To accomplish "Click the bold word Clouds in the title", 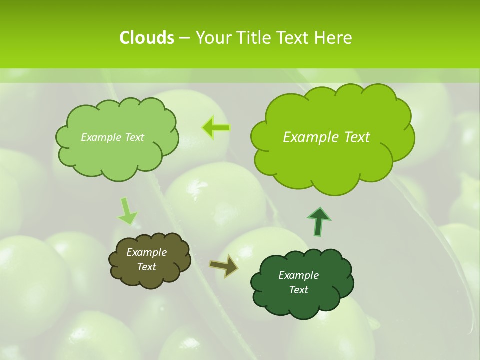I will click(147, 38).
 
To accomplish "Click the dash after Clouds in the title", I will click(184, 38).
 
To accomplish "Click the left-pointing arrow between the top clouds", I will click(216, 128).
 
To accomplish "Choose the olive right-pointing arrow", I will click(223, 266).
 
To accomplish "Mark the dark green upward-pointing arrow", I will click(319, 221).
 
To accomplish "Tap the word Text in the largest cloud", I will click(357, 137).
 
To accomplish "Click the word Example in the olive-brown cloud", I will click(146, 252).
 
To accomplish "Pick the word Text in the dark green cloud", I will click(298, 290).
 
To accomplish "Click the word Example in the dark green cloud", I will click(298, 275).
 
